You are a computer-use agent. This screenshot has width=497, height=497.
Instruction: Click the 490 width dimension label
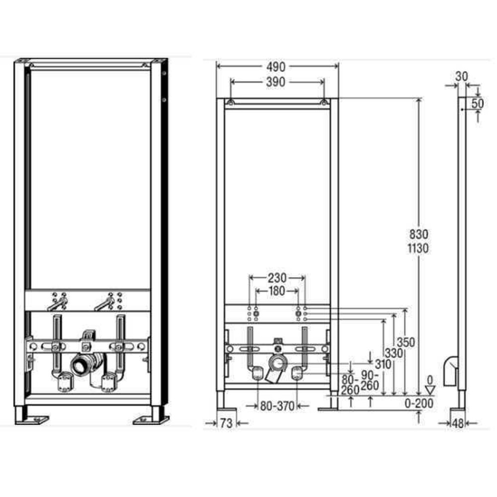[276, 67]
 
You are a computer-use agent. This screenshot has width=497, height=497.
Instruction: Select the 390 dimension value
[275, 83]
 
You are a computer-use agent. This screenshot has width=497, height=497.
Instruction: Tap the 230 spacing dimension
[277, 278]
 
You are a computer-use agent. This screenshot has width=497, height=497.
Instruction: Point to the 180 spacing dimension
[277, 291]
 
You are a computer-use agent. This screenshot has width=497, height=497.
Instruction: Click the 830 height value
[418, 235]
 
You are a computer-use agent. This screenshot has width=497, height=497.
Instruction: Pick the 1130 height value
[418, 248]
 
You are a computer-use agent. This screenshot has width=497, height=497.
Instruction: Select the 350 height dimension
[406, 342]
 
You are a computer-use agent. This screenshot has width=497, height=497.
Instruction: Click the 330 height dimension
[394, 353]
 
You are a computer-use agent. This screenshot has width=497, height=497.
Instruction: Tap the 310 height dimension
[383, 364]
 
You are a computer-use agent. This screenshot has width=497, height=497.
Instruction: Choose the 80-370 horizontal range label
[277, 406]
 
